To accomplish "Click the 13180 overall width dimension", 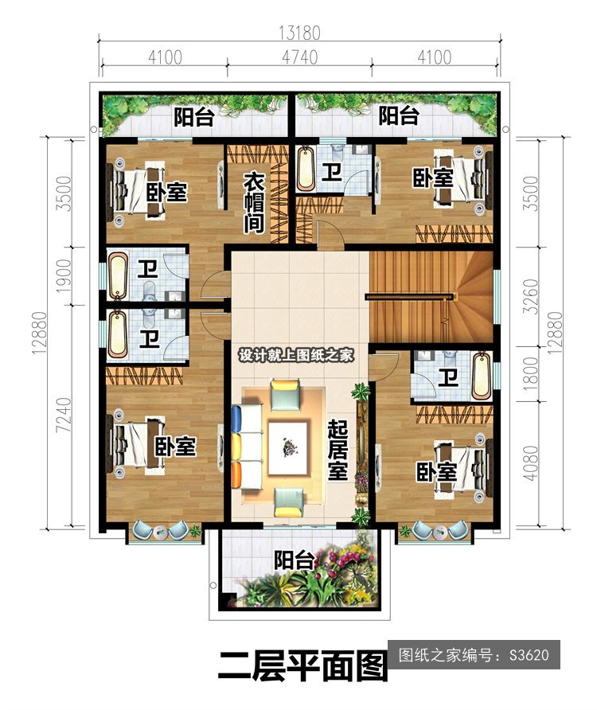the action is pos(299,33).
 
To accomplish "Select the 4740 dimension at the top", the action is pos(299,57).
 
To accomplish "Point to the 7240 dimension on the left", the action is pos(64,415).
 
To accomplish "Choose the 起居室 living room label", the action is pos(338,449).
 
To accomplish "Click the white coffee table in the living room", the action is pos(288,448).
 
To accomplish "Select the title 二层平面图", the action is pos(302,665).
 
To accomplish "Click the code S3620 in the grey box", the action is pos(529,655).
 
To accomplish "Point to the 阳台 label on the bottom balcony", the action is pos(295,560).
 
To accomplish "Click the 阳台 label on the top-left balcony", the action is pos(195,117).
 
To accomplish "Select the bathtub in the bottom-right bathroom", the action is pos(481,376).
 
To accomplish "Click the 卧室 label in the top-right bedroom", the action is pos(432,177).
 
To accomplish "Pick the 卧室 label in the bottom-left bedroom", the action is pos(175,447).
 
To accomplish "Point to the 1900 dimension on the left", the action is pos(64,275).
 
